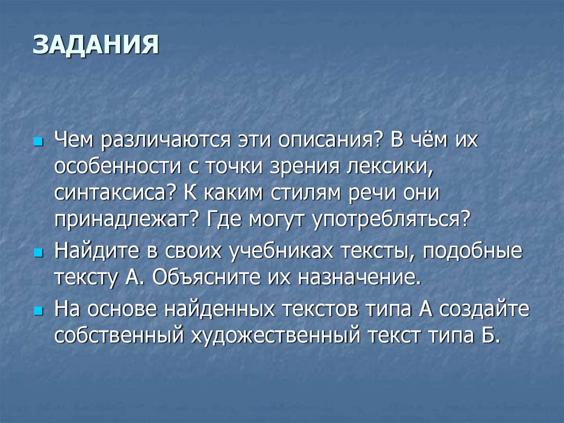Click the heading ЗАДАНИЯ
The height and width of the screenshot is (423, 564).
[95, 45]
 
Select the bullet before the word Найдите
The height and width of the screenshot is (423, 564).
[38, 251]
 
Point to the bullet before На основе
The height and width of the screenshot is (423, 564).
[38, 312]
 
